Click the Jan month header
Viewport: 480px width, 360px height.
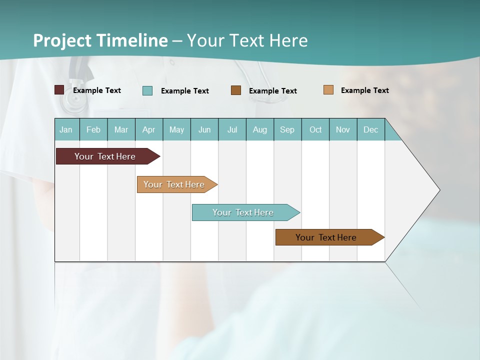pos(66,129)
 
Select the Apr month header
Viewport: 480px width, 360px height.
pos(149,129)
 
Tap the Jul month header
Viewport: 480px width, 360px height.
pos(232,129)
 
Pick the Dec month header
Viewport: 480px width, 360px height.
pos(370,129)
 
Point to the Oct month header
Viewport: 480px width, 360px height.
pos(315,129)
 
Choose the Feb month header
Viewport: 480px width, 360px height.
pos(93,129)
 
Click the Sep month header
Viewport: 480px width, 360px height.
pos(287,129)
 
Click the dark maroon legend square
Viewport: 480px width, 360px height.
pos(59,90)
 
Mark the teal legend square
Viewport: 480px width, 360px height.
pos(147,90)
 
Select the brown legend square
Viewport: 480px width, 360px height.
pos(236,90)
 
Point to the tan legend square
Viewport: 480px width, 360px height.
pos(328,90)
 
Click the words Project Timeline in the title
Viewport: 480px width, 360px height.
pos(100,40)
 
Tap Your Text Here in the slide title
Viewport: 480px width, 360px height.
pos(247,40)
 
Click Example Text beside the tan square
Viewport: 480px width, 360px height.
pos(364,90)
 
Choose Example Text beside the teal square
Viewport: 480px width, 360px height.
pos(184,91)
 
